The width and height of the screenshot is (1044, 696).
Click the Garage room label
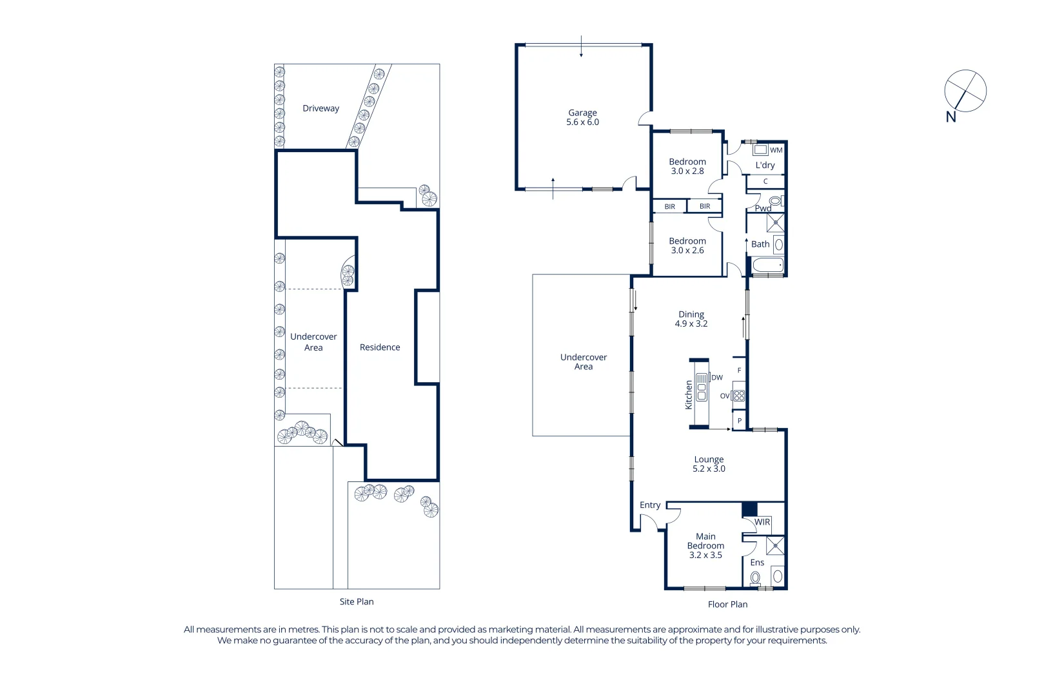click(582, 113)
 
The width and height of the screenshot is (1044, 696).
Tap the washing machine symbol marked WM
click(761, 150)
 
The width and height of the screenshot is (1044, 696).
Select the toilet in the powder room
click(775, 202)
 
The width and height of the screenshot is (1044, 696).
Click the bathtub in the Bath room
click(767, 265)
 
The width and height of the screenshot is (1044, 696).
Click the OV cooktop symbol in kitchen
click(739, 396)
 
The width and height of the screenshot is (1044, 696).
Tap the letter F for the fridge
click(739, 371)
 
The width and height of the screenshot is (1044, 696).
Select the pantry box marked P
click(740, 421)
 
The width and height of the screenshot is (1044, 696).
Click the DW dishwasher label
click(717, 378)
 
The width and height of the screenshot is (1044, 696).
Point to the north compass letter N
click(950, 117)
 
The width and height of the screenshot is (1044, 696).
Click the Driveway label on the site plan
click(320, 108)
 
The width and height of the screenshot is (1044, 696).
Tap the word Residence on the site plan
click(380, 347)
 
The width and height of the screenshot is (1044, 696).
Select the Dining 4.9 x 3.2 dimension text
click(691, 324)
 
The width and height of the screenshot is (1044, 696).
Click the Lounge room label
click(709, 459)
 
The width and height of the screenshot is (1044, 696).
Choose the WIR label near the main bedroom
click(762, 522)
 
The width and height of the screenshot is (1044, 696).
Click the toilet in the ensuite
click(755, 578)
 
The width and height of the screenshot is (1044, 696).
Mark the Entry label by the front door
click(650, 505)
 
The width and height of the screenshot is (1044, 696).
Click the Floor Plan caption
click(727, 604)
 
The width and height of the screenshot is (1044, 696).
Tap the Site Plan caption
click(357, 602)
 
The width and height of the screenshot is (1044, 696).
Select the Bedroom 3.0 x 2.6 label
click(687, 246)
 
